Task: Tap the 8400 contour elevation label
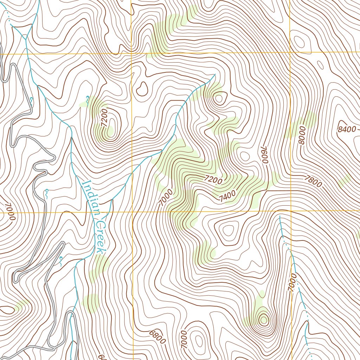347,129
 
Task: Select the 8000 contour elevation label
302,135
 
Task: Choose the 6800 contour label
157,337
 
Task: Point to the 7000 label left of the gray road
10,212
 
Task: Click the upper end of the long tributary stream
214,75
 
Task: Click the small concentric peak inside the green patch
263,319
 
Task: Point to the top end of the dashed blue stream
279,217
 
